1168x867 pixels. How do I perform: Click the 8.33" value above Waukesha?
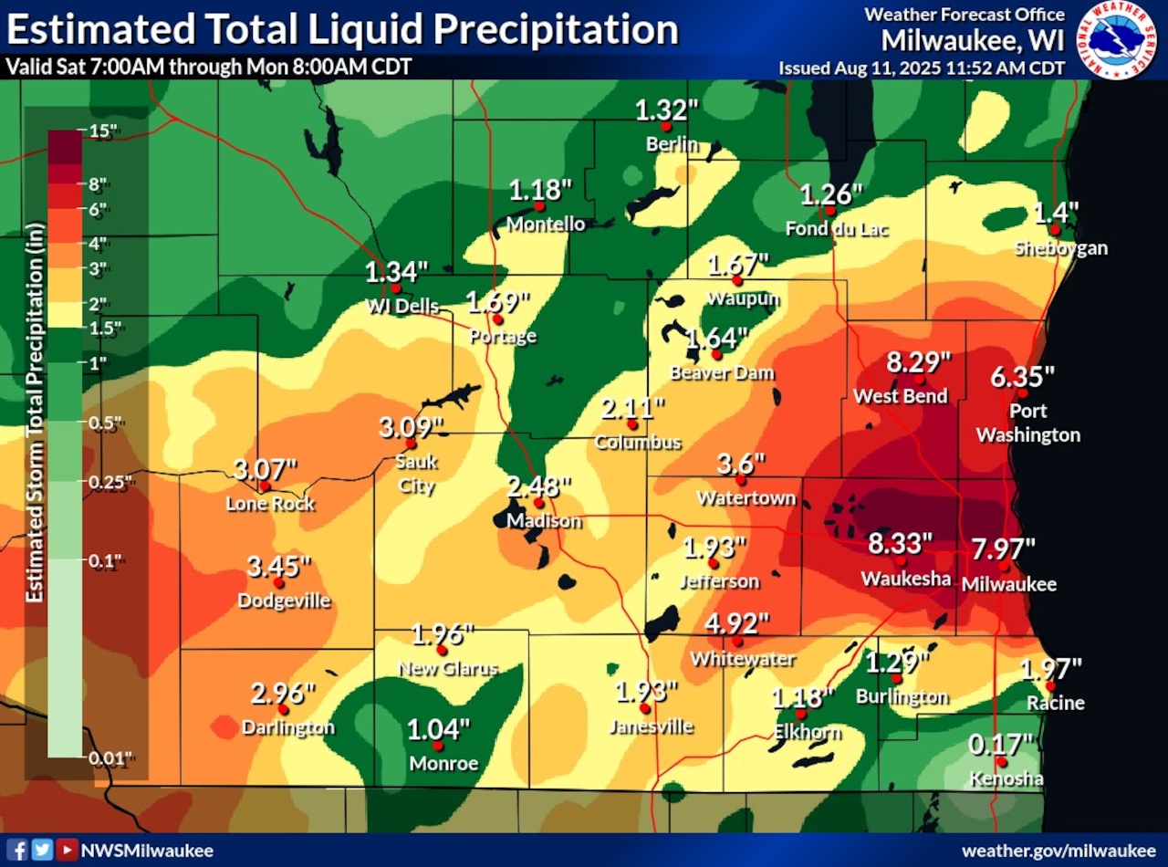tap(900, 544)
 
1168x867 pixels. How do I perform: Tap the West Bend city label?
tap(900, 396)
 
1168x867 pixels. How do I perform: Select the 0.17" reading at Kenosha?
tap(1001, 745)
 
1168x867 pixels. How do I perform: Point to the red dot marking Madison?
tap(538, 503)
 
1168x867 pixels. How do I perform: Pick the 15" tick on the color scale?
tap(103, 131)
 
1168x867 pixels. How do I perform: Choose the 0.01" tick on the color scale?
tap(110, 757)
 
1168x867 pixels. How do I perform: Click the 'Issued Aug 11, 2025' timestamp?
tap(921, 68)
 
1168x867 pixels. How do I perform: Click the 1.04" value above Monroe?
tap(439, 730)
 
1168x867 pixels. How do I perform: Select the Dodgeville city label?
tap(284, 601)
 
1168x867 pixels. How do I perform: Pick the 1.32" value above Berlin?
tap(666, 110)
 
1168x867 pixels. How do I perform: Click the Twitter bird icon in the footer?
tap(43, 850)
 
